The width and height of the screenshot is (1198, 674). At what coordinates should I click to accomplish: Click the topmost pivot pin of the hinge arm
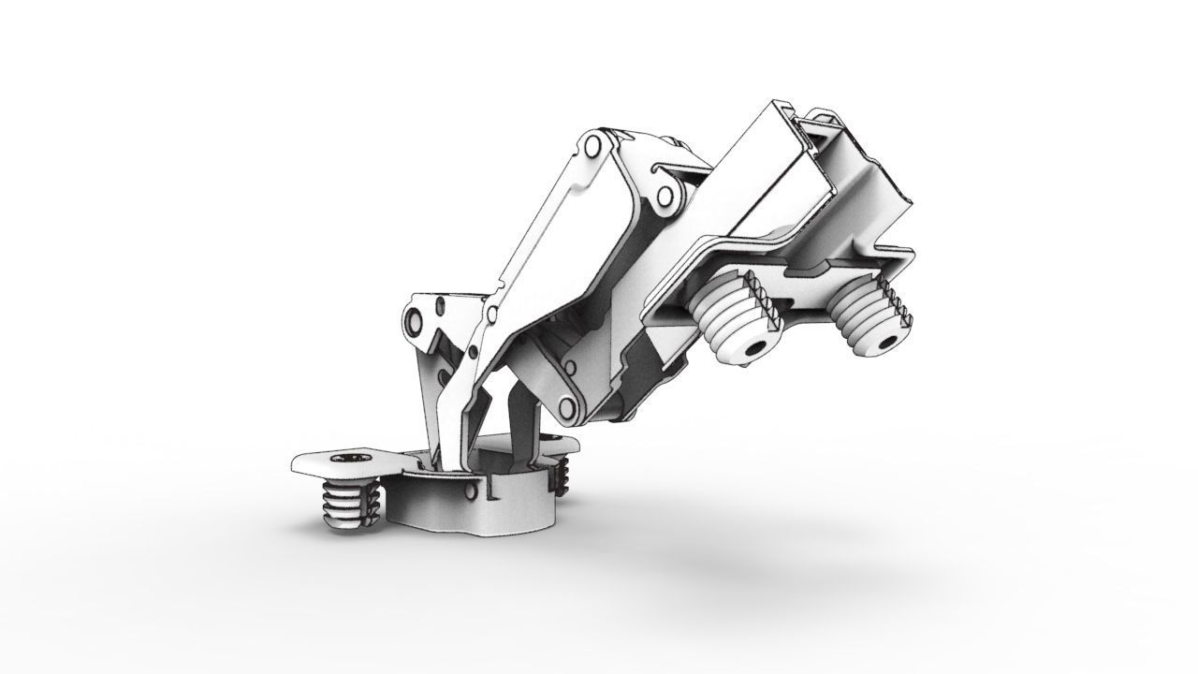tap(592, 148)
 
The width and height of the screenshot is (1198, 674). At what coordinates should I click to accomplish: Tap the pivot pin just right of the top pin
tap(666, 197)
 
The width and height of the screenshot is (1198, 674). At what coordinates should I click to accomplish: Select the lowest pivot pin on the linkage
tap(567, 406)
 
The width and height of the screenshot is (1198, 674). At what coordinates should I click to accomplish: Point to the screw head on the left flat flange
tap(359, 459)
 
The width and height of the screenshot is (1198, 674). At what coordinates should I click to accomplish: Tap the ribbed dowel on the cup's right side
tap(562, 476)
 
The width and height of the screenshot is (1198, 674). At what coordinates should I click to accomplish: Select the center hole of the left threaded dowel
tap(752, 348)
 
